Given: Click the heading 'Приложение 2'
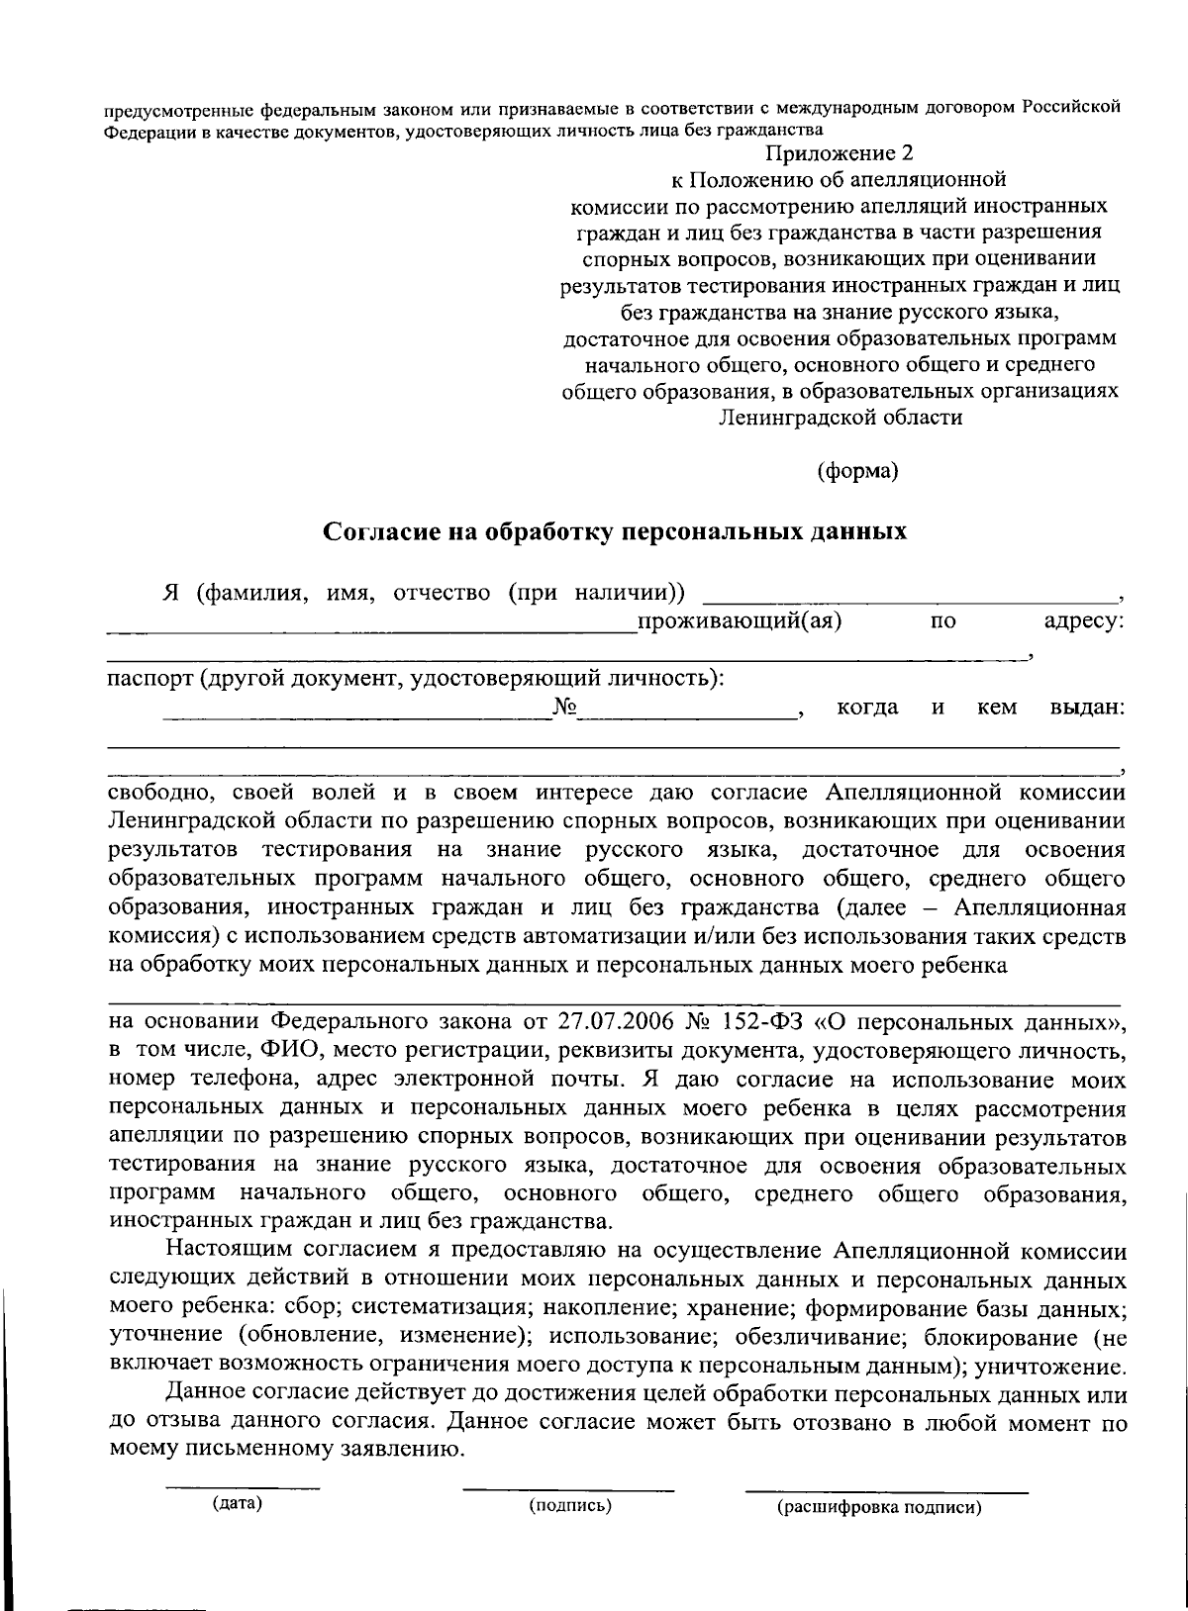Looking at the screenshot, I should [x=837, y=153].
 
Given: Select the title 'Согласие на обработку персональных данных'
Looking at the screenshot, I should [x=616, y=531].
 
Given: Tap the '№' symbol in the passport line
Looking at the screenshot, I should [x=565, y=708].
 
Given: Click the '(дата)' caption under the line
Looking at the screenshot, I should [x=238, y=1504].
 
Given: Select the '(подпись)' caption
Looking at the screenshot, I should [x=570, y=1506].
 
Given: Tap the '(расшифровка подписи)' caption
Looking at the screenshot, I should [x=879, y=1508].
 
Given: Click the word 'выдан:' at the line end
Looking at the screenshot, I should [x=1086, y=708].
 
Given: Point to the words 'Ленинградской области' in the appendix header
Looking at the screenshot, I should [x=840, y=417].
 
